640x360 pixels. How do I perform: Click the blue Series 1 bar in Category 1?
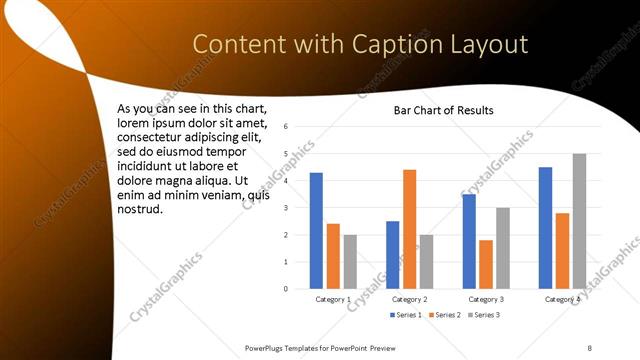click(316, 231)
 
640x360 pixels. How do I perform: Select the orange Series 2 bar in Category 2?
click(409, 229)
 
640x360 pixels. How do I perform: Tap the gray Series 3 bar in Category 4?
click(579, 221)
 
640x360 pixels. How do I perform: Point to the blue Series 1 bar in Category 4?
click(545, 228)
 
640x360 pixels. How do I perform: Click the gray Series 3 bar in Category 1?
click(350, 262)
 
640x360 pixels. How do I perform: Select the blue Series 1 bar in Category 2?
click(392, 255)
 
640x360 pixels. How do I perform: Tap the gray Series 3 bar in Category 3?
click(503, 248)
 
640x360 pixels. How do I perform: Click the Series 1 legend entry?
click(404, 315)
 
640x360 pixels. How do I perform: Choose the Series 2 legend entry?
click(444, 315)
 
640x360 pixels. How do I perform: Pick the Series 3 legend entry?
click(483, 315)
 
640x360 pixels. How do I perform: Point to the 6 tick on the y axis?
click(286, 127)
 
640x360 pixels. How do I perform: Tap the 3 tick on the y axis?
click(286, 208)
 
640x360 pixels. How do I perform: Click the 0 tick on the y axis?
click(286, 289)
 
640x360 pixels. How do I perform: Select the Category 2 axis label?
click(409, 299)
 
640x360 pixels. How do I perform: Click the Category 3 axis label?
click(486, 299)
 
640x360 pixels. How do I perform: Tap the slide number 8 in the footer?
click(590, 347)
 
